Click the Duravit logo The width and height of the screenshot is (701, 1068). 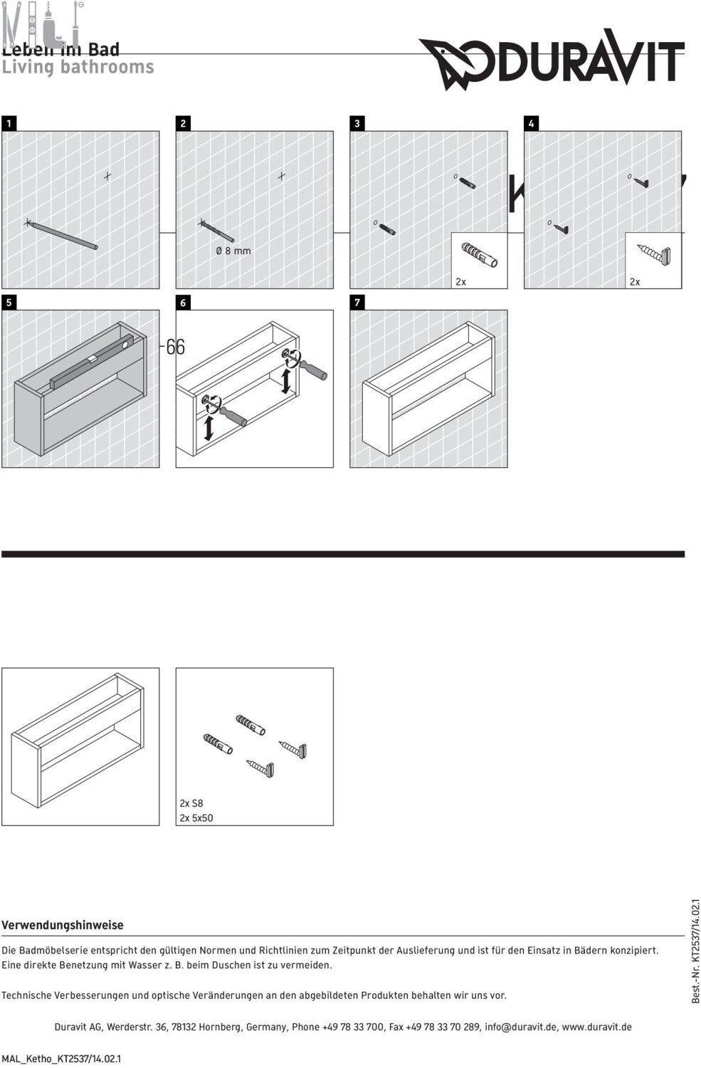pos(552,61)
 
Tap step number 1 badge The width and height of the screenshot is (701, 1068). pos(9,123)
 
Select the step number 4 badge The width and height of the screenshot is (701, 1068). pos(531,123)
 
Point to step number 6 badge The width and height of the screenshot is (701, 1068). pos(183,303)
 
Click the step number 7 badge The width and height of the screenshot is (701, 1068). pos(357,303)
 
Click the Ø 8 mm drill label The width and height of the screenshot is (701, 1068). pos(233,251)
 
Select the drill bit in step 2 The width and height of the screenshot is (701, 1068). pos(217,231)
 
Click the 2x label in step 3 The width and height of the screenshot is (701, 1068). pos(460,282)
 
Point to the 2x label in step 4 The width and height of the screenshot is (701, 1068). pos(635,282)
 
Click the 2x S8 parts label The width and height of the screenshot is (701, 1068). pos(191,803)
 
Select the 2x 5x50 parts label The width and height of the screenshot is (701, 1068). pos(196,818)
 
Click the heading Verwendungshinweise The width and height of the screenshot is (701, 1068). pos(63,925)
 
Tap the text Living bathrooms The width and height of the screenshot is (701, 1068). pos(78,67)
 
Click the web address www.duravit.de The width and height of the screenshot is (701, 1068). pos(596,1027)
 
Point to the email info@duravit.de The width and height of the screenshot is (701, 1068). pos(518,1027)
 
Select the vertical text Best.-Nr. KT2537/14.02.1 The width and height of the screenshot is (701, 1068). pos(695,951)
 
